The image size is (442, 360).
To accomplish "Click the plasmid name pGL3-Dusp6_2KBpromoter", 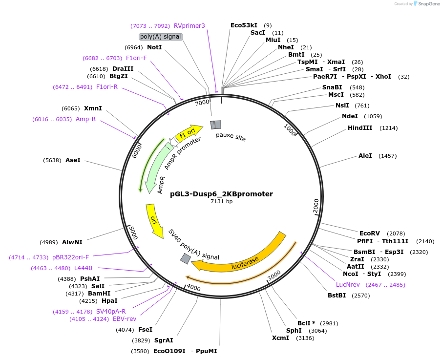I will tap(221, 194).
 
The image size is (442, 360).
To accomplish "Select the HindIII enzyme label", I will tap(360, 128).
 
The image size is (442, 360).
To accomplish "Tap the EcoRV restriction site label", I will tap(369, 233).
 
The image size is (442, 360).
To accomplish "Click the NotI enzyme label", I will tap(154, 47).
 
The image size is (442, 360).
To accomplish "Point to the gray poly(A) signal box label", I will tap(161, 37).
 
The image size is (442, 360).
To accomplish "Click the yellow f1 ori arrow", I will tap(189, 132).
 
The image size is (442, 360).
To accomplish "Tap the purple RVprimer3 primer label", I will tap(189, 26).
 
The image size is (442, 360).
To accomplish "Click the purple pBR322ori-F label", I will tap(71, 257).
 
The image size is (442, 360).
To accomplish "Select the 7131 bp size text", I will tap(221, 201).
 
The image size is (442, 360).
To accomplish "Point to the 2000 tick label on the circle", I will tap(316, 206).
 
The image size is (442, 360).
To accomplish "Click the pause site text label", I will tap(231, 137).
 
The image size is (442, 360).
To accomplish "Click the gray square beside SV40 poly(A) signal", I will tap(186, 259).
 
